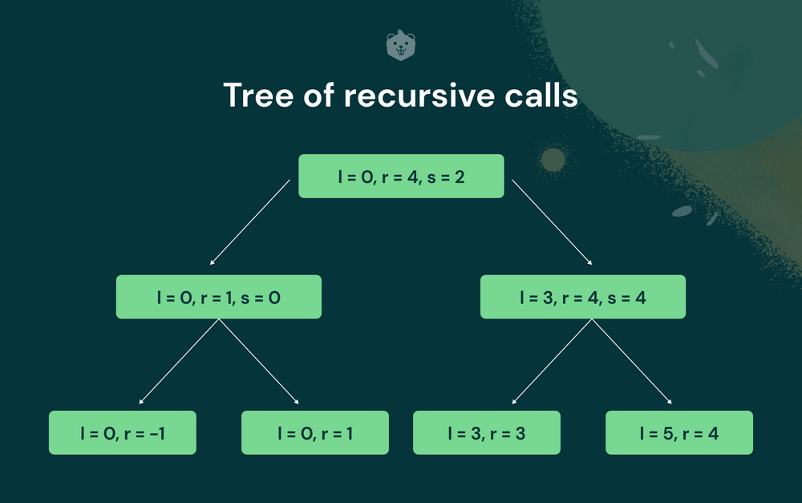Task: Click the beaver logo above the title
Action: (400, 45)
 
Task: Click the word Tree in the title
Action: (259, 95)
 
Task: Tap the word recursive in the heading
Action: (419, 95)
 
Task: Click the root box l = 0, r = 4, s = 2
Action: (401, 176)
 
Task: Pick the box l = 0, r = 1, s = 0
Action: (219, 297)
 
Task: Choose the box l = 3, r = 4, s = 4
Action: (583, 297)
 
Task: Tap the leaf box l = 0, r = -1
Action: (123, 432)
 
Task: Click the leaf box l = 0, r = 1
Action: (315, 432)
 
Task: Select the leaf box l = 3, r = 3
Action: (487, 432)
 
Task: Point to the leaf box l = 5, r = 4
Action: (679, 432)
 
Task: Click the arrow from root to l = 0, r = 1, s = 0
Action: (250, 222)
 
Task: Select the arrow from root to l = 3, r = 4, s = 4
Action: (552, 222)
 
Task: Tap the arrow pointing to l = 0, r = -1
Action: (179, 361)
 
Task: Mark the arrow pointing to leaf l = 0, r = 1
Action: (259, 361)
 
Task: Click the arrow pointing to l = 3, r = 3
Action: (552, 361)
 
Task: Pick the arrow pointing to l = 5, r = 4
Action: (632, 361)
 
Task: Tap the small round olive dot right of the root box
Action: (553, 160)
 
